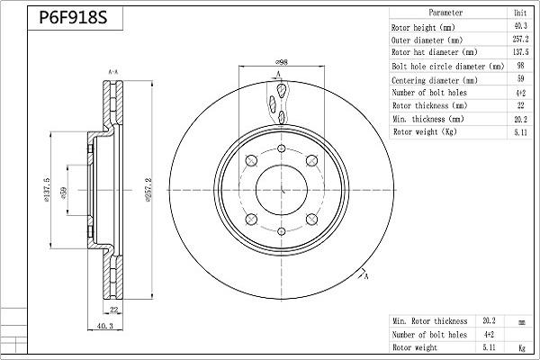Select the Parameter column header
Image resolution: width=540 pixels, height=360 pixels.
(445, 13)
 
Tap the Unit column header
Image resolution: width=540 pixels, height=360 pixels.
(520, 13)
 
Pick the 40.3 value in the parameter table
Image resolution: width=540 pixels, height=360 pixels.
(520, 27)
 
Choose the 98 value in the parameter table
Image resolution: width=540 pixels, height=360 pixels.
(520, 67)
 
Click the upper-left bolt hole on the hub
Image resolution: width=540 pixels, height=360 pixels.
(252, 160)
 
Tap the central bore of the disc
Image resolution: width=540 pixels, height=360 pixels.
(282, 189)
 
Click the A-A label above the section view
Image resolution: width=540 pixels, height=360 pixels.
(113, 71)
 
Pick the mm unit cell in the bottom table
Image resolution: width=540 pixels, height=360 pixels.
(520, 320)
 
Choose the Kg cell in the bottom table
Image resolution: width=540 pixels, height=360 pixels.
(520, 347)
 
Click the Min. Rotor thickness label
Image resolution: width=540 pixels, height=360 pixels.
(430, 320)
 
